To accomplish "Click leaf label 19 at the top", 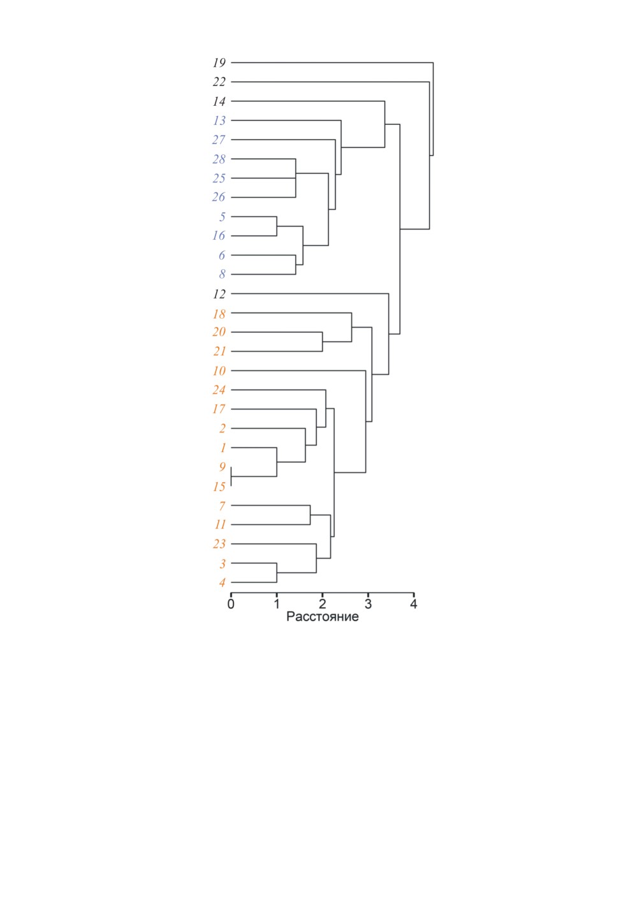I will tap(219, 62).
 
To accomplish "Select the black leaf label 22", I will tap(219, 82).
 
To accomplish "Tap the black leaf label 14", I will tap(219, 101).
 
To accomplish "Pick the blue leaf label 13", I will tap(219, 121).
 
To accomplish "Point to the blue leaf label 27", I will tap(219, 140).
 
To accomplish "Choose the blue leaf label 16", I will tap(219, 236).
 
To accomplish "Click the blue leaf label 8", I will tap(222, 274).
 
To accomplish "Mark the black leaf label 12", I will tap(219, 294).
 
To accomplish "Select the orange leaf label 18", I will tap(219, 314).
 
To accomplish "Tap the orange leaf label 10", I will tap(219, 371).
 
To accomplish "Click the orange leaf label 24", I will tap(219, 390).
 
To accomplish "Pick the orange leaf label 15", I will tap(219, 487).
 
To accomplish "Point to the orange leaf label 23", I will tap(219, 544).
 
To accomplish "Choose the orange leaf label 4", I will tap(223, 583).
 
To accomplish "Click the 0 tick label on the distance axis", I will tap(231, 603).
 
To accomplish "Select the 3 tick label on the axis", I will tap(368, 603).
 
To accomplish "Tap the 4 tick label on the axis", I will tap(413, 603).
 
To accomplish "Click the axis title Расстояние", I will tap(322, 617).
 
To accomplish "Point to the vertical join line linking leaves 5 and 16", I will tap(277, 226).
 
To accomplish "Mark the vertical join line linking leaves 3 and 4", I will tap(277, 573).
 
